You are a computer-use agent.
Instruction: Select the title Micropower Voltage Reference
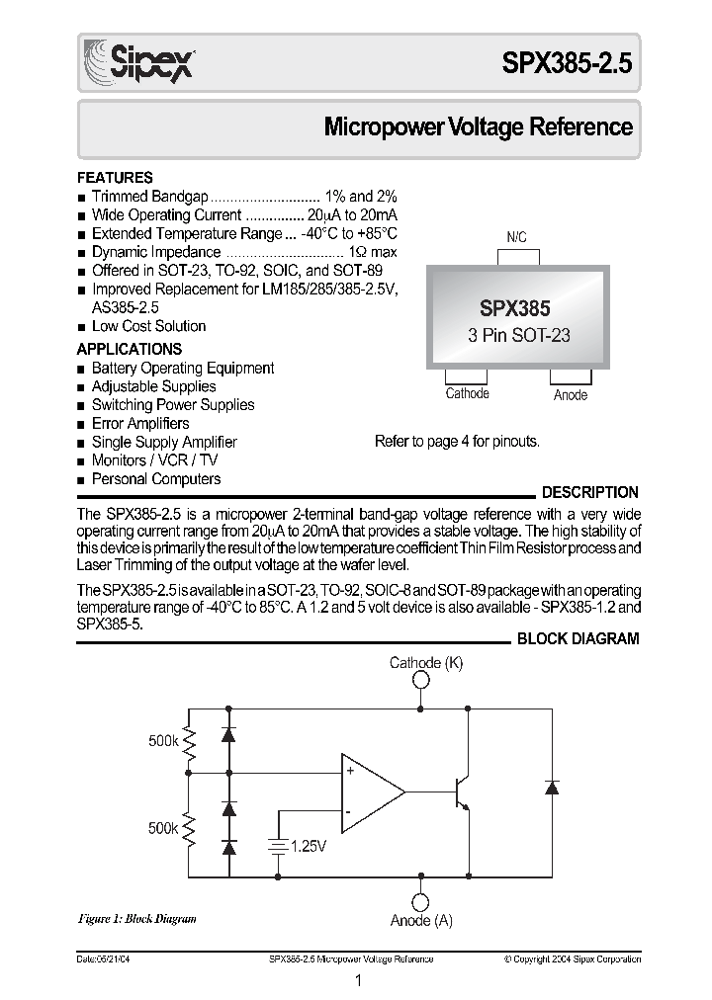[479, 127]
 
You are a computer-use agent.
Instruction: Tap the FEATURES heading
[115, 178]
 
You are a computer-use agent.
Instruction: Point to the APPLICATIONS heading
[130, 349]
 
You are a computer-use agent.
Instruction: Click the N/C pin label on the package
[516, 238]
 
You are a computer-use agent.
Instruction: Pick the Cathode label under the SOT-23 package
[467, 393]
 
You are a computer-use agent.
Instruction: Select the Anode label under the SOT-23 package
[571, 395]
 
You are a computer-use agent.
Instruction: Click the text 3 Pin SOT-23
[519, 335]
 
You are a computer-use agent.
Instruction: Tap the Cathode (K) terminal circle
[421, 681]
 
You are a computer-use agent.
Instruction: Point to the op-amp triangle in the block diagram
[372, 791]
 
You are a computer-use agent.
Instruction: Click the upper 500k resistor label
[162, 740]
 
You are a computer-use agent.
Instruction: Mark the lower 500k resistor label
[162, 829]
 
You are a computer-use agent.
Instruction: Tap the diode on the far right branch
[552, 788]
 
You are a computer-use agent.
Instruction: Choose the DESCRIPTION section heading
[590, 492]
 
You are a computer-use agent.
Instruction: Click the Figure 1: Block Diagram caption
[136, 919]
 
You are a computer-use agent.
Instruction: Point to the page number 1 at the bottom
[358, 981]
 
